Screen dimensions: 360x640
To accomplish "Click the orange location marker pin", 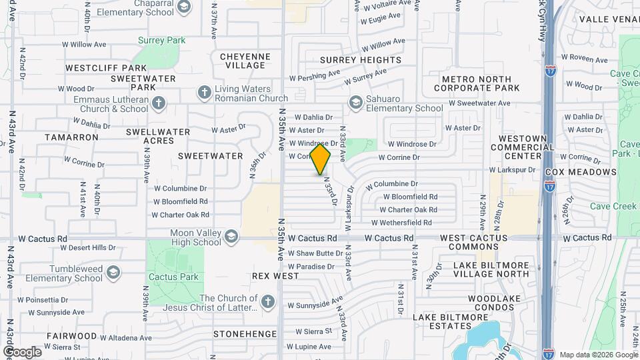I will coord(321,159).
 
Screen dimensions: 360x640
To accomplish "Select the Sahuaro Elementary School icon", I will coord(355,102).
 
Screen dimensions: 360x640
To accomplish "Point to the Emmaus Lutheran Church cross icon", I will coord(158,103).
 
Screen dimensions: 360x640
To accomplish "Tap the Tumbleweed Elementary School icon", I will coord(114,272).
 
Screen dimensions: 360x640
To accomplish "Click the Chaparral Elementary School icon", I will coord(184,7).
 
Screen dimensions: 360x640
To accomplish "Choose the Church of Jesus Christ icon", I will coord(267,303).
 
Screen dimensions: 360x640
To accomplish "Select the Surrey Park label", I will coord(161,41).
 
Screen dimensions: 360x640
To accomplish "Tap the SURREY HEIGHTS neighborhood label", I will coord(360,60).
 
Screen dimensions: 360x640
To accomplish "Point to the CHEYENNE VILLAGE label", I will coord(245,61).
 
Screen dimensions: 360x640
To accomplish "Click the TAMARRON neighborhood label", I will coord(71,137).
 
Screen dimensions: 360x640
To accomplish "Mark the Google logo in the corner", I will coord(22,351).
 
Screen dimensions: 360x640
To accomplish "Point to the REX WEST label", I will coord(275,275).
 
